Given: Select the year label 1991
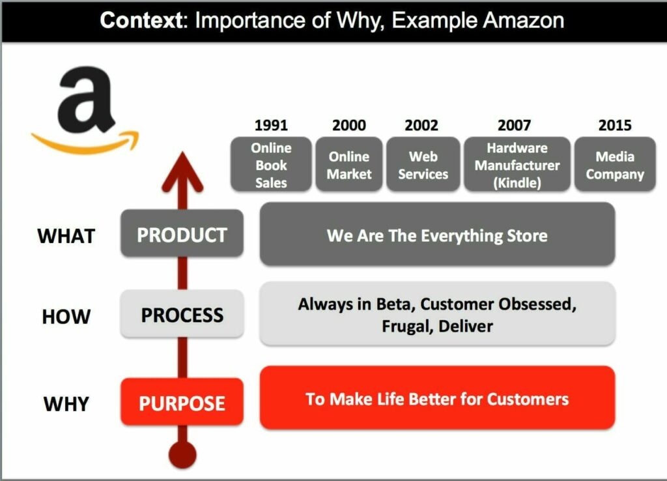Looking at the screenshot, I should (271, 125).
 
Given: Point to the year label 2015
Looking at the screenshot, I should (615, 125).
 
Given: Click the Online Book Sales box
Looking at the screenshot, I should (271, 165).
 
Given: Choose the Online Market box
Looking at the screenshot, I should (349, 165).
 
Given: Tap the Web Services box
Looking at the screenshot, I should (423, 165).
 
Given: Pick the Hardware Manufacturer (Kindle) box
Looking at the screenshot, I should (517, 165).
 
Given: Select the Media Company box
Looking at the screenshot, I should (615, 165).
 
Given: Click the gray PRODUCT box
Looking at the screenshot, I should (182, 234).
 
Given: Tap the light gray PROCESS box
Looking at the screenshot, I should (182, 315).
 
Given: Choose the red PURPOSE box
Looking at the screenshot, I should (182, 403).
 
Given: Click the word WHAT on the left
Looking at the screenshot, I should (66, 235).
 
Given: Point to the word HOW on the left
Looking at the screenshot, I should (66, 317).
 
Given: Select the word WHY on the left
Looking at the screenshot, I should (66, 404).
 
